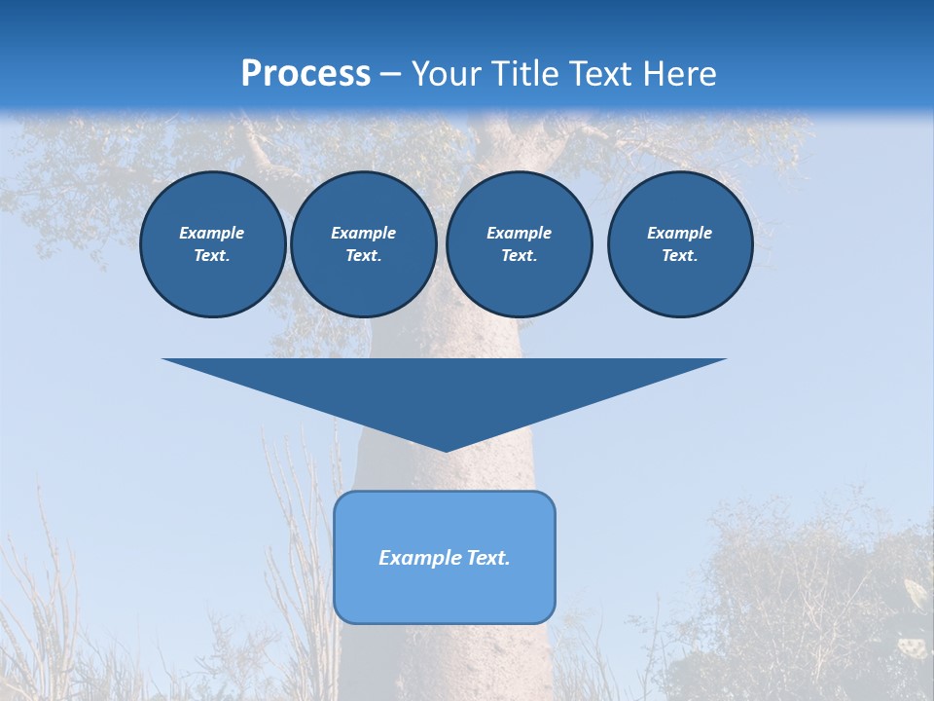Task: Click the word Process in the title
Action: (x=305, y=74)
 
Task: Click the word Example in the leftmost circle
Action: (x=212, y=233)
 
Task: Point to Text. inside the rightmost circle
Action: (x=679, y=256)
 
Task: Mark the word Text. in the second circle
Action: (x=363, y=256)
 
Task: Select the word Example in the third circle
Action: (x=519, y=233)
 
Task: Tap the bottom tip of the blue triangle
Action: (x=445, y=449)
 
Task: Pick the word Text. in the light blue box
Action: (x=486, y=558)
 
